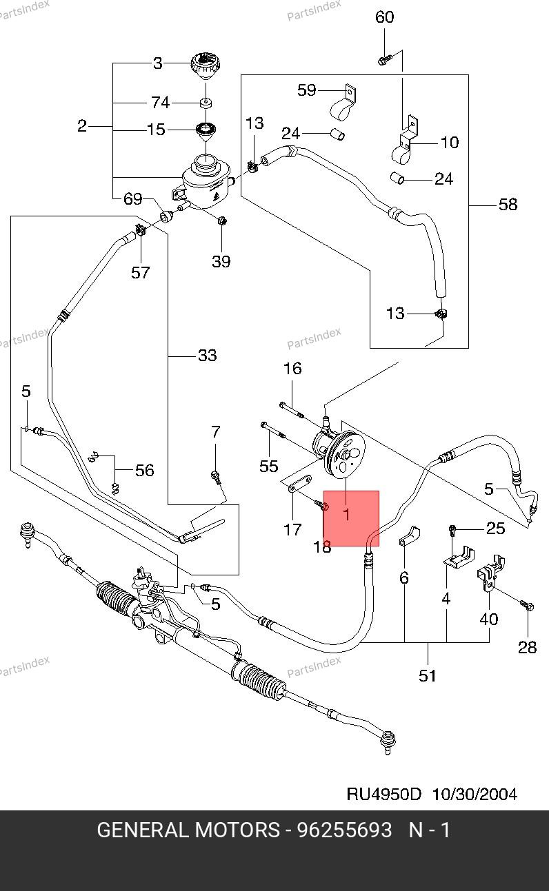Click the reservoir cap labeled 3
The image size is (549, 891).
(x=203, y=68)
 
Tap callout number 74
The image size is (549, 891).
(x=160, y=103)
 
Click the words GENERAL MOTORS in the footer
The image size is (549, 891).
(x=188, y=830)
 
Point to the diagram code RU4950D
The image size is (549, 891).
(x=383, y=794)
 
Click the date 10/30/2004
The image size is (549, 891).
(x=475, y=794)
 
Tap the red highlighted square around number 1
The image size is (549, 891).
(x=351, y=518)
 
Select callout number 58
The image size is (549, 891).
(x=508, y=204)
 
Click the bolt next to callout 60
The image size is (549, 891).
(x=383, y=61)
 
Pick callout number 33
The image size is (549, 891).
(x=207, y=356)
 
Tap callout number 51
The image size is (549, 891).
(x=428, y=675)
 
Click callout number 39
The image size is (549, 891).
(x=221, y=261)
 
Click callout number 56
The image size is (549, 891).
(x=144, y=470)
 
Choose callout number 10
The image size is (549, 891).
(x=450, y=143)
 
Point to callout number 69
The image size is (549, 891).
(x=132, y=200)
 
